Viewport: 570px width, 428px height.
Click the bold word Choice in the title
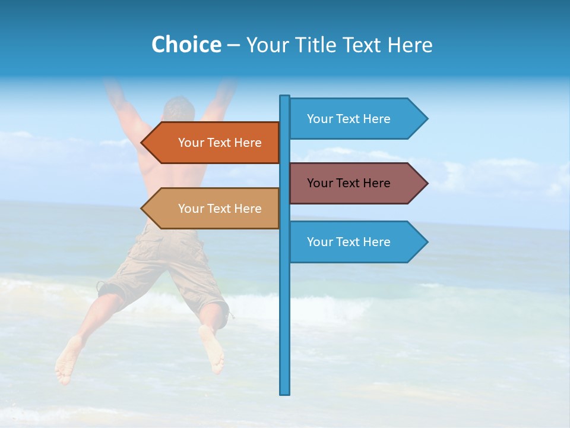[x=186, y=45]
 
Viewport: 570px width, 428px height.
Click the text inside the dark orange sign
[x=220, y=143]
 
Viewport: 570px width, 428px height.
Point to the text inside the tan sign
[x=220, y=209]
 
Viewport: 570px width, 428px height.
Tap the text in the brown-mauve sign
[x=349, y=183]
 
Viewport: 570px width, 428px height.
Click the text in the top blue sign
[x=349, y=119]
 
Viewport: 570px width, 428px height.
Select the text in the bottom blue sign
[x=349, y=242]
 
